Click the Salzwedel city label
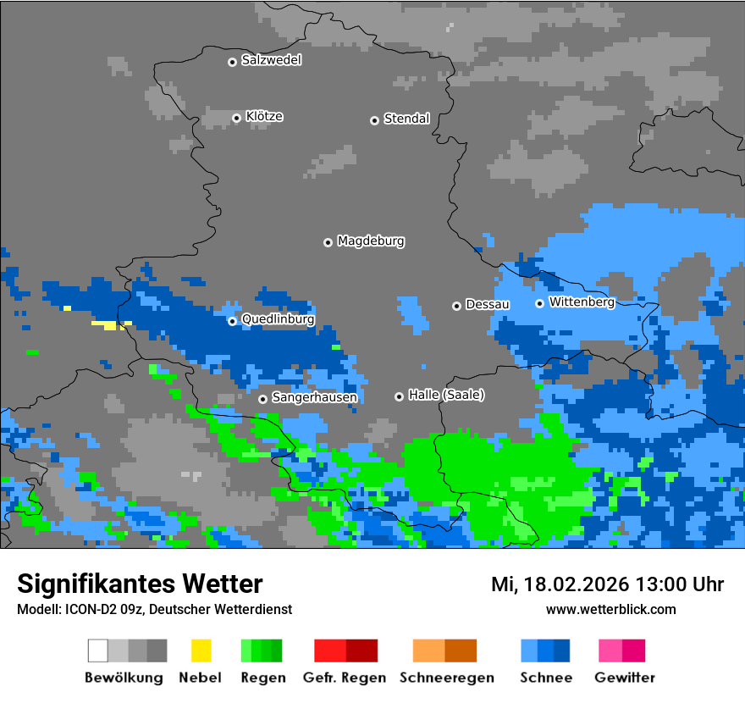271,60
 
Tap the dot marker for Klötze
236,118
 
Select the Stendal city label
406,119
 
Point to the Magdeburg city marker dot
328,242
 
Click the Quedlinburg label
278,319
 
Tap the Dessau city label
487,304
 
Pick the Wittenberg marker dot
539,303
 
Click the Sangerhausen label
314,397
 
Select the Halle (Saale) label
446,395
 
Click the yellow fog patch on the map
105,324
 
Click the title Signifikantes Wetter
140,584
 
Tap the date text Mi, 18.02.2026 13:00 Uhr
607,584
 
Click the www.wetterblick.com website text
610,609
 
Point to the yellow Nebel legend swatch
201,650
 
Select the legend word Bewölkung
124,678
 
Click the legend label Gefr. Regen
344,678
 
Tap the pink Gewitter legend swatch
622,650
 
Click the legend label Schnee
545,678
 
